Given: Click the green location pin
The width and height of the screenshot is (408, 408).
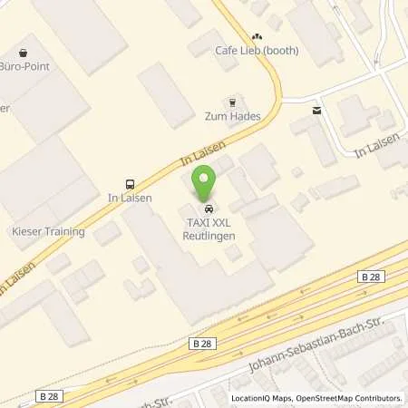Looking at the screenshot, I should [x=206, y=185].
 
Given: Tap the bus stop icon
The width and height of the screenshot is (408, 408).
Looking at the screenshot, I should [x=128, y=182].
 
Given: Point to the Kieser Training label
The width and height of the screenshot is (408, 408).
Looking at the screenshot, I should [x=50, y=231].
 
